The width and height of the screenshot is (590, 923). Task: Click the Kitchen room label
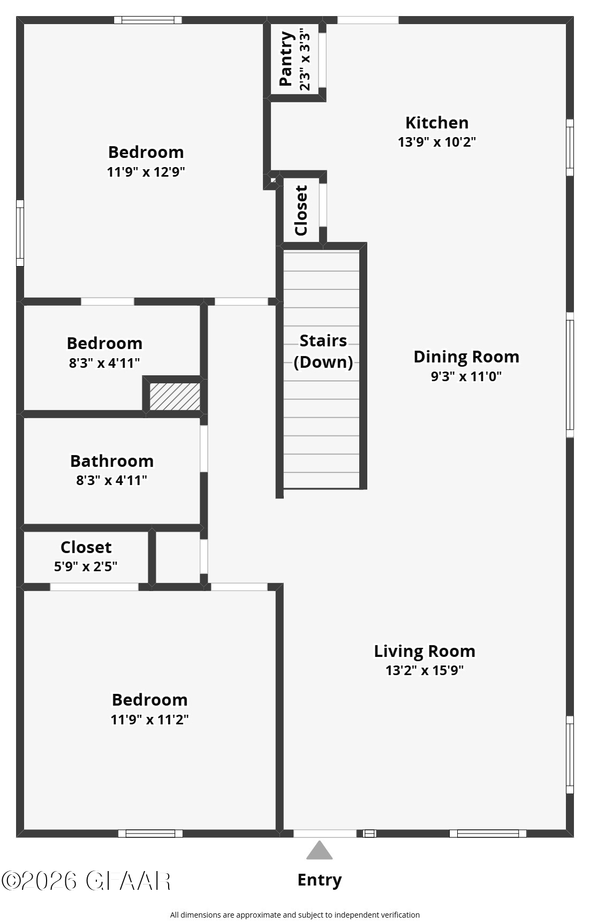[436, 123]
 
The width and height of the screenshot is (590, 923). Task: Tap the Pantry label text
[287, 59]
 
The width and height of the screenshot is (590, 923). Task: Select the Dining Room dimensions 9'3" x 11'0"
[466, 376]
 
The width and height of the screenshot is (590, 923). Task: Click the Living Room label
[424, 651]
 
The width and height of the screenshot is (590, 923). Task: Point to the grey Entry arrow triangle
[320, 851]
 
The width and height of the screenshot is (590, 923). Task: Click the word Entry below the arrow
[320, 880]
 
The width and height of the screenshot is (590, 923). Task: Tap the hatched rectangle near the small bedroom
[175, 397]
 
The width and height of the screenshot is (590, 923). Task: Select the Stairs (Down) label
[323, 351]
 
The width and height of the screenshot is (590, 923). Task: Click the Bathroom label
[112, 461]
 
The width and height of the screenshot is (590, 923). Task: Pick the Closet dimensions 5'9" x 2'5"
[86, 566]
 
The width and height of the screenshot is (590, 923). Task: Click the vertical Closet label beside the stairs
[301, 210]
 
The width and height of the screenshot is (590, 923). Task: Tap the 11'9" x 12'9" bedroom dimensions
[146, 172]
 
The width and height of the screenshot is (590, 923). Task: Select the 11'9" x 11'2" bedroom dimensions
[149, 720]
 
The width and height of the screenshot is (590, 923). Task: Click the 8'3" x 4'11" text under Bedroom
[104, 363]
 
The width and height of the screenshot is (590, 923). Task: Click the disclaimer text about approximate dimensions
[294, 915]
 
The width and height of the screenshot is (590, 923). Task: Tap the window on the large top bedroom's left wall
[20, 233]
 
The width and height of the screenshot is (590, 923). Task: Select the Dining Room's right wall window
[570, 375]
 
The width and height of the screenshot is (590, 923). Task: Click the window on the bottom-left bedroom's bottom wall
[150, 834]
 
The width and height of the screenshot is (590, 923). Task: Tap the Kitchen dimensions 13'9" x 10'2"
[436, 142]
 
